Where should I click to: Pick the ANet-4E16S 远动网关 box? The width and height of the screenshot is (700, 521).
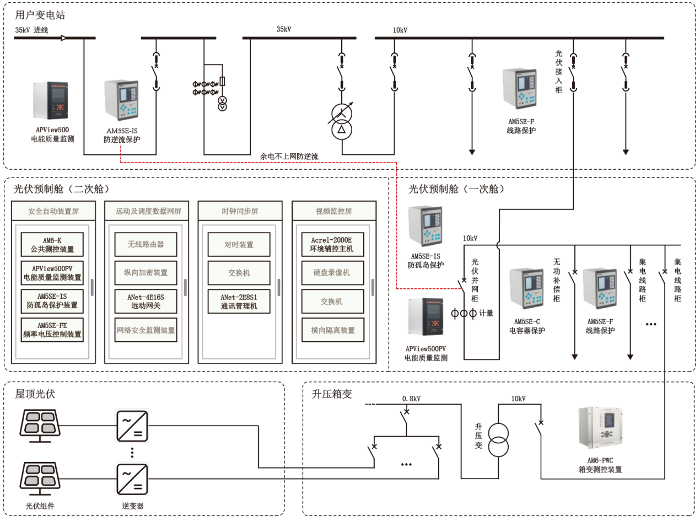click(146, 301)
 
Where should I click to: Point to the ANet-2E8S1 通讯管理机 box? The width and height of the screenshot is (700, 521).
click(239, 301)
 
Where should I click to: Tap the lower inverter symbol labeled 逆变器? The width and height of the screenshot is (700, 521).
click(131, 479)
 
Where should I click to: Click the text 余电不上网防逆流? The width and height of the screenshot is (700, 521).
click(289, 157)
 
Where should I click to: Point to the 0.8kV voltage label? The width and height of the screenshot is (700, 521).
click(411, 398)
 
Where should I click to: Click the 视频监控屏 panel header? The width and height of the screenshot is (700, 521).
click(333, 211)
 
